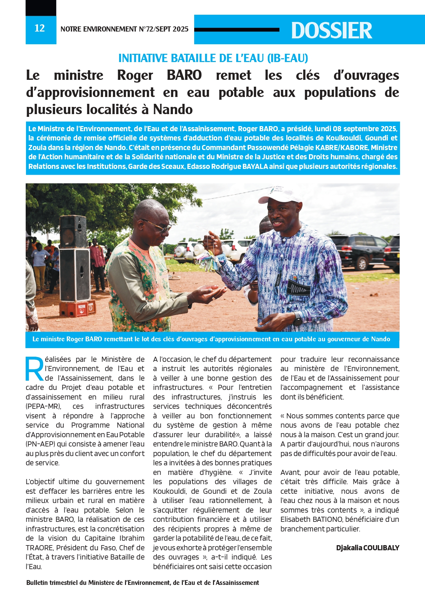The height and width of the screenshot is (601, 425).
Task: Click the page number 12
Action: click(40, 28)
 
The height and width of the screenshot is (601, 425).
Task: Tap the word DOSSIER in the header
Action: click(331, 30)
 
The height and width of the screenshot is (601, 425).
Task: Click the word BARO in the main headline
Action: click(184, 75)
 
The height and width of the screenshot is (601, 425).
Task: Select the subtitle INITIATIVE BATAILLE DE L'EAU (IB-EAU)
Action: click(213, 58)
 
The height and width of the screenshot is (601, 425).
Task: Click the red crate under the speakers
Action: click(77, 308)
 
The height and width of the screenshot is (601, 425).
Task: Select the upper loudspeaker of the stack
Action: click(73, 232)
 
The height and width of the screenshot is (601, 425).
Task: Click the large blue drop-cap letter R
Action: click(35, 369)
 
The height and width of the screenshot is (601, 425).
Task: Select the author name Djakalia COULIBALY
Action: click(367, 548)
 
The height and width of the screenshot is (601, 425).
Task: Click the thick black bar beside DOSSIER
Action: click(237, 30)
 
